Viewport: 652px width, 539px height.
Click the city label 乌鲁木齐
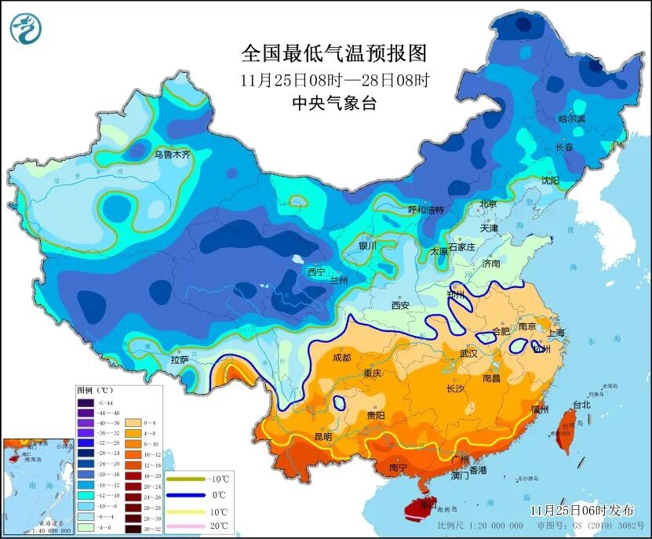tap(172, 155)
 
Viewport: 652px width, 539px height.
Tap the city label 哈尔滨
tap(572, 118)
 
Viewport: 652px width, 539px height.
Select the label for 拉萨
tap(179, 360)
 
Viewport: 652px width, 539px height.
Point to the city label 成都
tap(341, 357)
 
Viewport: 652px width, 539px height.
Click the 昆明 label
tap(322, 436)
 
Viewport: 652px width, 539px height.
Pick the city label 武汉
tap(468, 355)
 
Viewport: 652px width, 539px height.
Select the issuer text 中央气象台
tap(334, 103)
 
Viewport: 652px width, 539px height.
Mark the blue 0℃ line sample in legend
tap(187, 494)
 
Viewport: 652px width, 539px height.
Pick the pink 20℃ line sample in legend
tap(187, 526)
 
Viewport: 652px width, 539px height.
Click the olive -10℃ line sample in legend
tap(187, 479)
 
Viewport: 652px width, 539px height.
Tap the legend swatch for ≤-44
tap(85, 402)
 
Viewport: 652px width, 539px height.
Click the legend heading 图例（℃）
tap(95, 390)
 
